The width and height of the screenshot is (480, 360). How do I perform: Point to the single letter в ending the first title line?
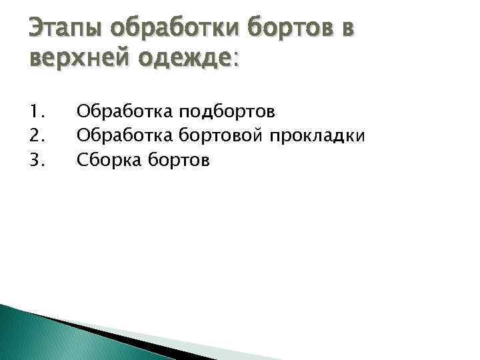[346, 29]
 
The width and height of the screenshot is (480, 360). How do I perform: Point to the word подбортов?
[226, 109]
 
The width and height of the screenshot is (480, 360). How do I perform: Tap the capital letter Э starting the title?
[37, 29]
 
